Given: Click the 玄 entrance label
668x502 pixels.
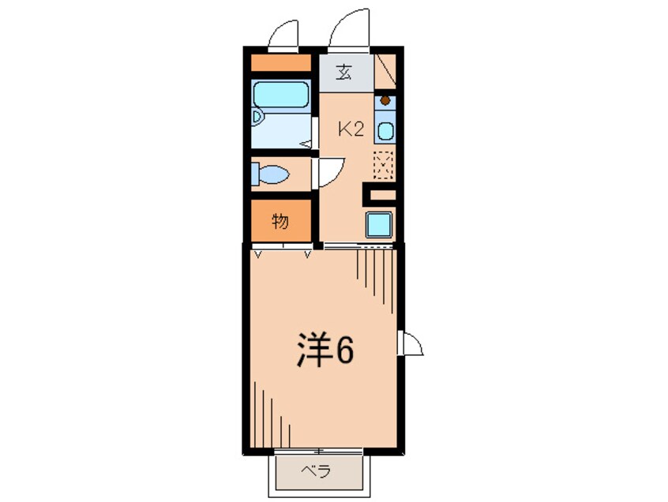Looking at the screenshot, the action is pos(344,73).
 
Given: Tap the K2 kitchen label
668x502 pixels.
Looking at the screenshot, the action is pos(351,129).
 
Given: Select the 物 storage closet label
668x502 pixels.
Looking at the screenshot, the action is pos(280,221).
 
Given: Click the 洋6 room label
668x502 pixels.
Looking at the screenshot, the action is pos(325,349).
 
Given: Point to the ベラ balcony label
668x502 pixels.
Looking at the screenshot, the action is pos(316,471).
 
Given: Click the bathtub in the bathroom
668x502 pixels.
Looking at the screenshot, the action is pos(280,95).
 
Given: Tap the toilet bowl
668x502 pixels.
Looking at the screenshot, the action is pos(271,174).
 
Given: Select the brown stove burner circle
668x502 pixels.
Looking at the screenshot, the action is pos(385,101).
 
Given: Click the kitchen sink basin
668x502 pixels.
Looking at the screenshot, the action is pos(385,130).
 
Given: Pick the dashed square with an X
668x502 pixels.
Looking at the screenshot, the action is pos(383,164).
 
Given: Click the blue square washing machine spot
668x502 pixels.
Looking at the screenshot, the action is pos(378,224).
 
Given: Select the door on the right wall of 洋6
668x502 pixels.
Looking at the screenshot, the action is pos(410,343).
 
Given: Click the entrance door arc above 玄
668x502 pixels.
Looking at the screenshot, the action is pos(347,26).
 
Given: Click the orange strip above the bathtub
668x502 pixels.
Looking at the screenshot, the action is pos(280,62).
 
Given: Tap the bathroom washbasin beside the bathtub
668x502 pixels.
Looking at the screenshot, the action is pos(257,118).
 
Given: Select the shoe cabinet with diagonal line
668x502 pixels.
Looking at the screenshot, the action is pos(385,71).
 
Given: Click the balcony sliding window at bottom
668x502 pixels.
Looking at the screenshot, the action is pos(318,451).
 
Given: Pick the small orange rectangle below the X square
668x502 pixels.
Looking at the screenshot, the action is pos(383,195).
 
